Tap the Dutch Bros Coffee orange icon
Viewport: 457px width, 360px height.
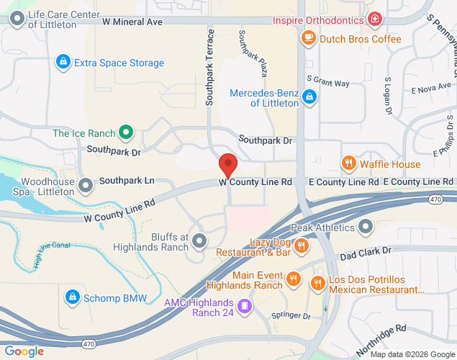308,38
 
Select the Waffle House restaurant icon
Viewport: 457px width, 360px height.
349,163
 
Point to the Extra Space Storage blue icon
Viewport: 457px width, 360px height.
63,63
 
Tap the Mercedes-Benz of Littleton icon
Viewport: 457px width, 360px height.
309,96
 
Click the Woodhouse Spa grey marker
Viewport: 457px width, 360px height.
86,186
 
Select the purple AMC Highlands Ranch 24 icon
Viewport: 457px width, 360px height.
245,307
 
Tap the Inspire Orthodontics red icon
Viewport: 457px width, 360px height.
374,19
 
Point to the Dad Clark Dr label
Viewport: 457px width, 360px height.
365,253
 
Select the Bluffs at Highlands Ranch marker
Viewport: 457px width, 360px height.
199,240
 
